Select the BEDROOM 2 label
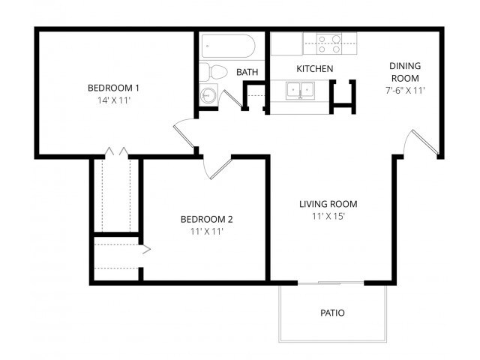(x=206, y=219)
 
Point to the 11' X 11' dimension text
(x=206, y=232)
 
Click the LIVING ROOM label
(x=328, y=204)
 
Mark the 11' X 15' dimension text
(x=328, y=216)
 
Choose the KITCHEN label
(x=315, y=69)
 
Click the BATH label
(x=247, y=72)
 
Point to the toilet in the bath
(x=215, y=73)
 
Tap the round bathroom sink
(x=208, y=96)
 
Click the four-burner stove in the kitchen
(x=328, y=43)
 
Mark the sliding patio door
(x=331, y=283)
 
